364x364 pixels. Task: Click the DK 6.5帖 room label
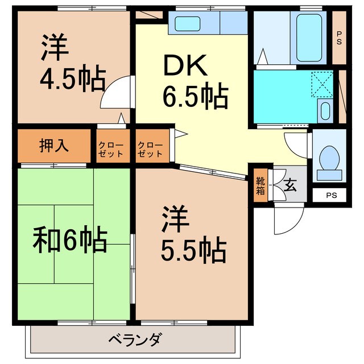click(195, 83)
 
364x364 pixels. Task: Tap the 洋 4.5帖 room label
click(72, 64)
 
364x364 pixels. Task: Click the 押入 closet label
click(55, 146)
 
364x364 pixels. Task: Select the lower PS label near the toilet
click(332, 196)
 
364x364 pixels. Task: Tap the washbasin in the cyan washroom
click(325, 109)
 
